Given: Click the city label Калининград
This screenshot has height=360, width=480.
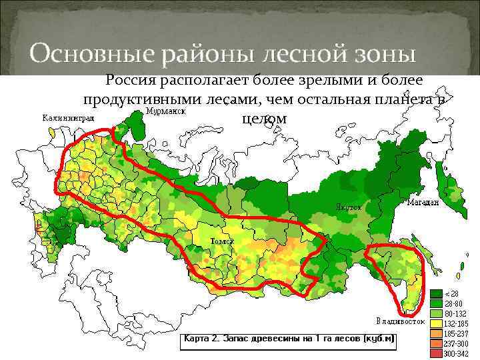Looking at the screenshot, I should pyautogui.click(x=69, y=118).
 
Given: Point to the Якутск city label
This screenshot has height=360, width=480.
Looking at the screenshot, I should pyautogui.click(x=347, y=207).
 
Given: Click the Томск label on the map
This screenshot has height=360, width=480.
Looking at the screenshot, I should pyautogui.click(x=222, y=240).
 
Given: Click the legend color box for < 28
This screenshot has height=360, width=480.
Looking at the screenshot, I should pyautogui.click(x=436, y=294).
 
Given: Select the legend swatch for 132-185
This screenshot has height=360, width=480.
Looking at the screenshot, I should pyautogui.click(x=436, y=323).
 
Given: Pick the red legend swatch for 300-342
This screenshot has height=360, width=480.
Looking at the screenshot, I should pyautogui.click(x=436, y=352).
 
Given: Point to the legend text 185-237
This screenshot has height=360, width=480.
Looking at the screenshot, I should pyautogui.click(x=456, y=333).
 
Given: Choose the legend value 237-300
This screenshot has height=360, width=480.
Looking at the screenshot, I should pyautogui.click(x=456, y=343).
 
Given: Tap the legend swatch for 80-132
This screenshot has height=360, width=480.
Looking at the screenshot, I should pyautogui.click(x=436, y=313).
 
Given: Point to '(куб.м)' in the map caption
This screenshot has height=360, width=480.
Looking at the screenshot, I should pyautogui.click(x=380, y=339).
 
